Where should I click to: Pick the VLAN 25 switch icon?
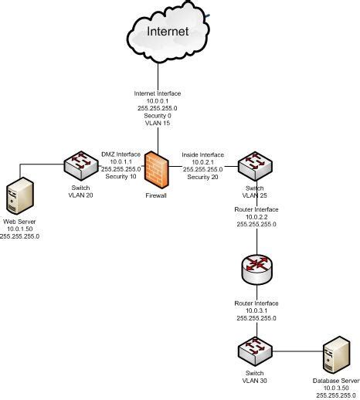tap(251, 165)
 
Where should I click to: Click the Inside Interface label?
tap(202, 154)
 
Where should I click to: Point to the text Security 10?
tap(122, 176)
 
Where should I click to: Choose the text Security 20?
tap(202, 176)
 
